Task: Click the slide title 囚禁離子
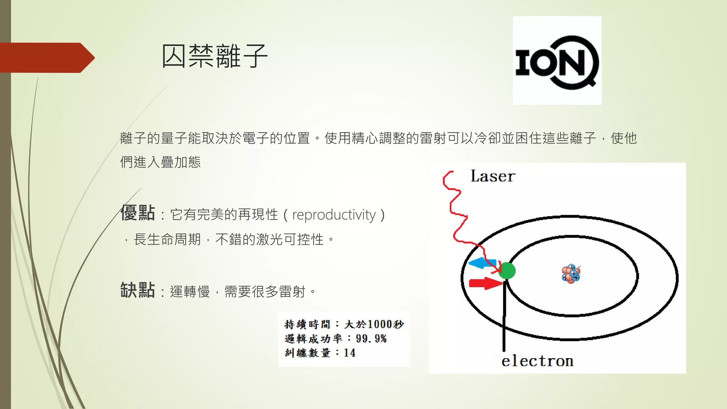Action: coord(214,56)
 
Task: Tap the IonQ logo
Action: coord(557,61)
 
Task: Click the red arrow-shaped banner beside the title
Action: coord(46,58)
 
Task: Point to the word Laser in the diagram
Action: coord(493,176)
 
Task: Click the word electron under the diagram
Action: coord(537,361)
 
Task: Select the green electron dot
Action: coord(507,271)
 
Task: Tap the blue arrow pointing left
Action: coord(481,263)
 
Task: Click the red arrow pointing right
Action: coord(485,283)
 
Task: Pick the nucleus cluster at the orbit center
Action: coord(571,274)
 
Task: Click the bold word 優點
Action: coord(138,213)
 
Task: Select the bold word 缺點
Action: coord(138,290)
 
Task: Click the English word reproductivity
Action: coord(334,215)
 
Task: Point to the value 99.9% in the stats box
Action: coord(371,339)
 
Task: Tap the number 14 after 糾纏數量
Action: coord(350,353)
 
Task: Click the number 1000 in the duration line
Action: coord(380,324)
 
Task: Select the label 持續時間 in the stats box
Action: coord(307,324)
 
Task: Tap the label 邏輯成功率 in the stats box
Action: coord(313,339)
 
